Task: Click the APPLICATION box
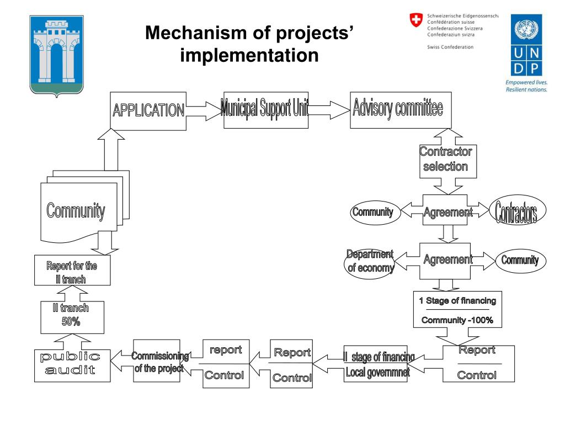click(x=148, y=110)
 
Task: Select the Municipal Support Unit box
click(x=265, y=109)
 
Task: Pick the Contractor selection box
click(x=446, y=159)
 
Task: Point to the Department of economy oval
click(x=370, y=261)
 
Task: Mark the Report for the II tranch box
click(x=71, y=271)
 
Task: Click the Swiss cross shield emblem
click(x=414, y=21)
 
